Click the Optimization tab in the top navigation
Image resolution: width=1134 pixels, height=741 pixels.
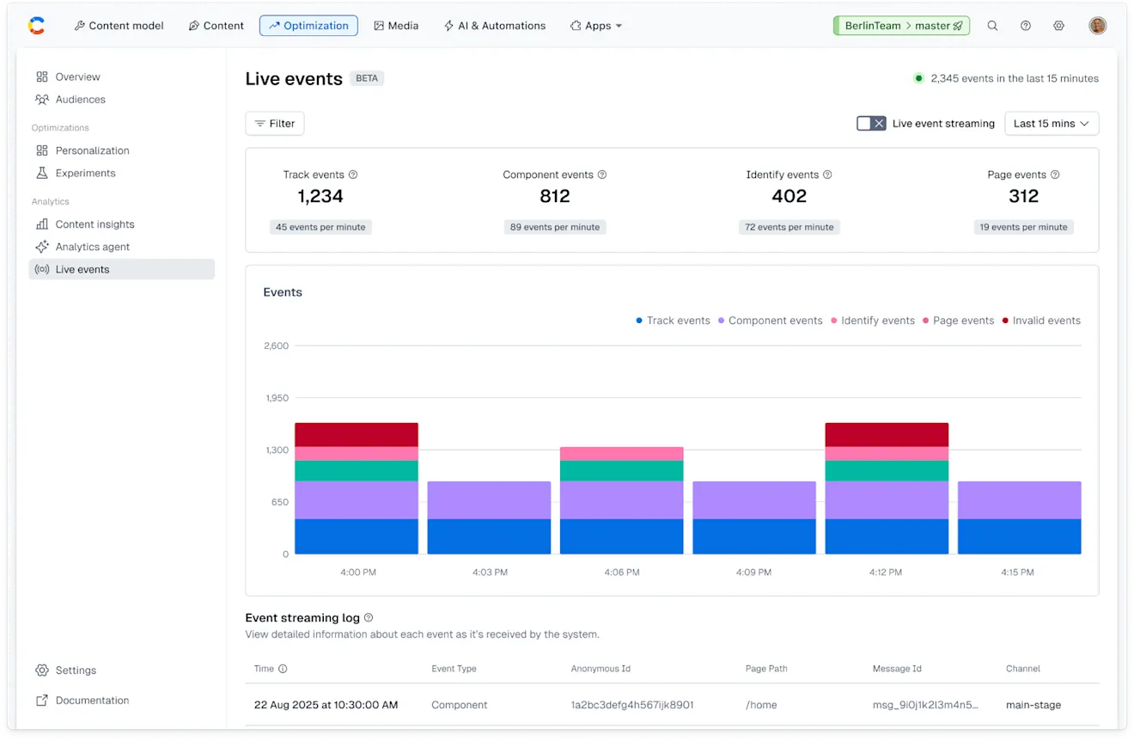tap(308, 26)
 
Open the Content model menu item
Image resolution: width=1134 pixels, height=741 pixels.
tap(119, 26)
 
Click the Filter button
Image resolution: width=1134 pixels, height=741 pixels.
tap(275, 124)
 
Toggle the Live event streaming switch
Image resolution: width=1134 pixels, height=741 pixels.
tap(871, 124)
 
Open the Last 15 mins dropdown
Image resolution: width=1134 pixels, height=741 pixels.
tap(1052, 124)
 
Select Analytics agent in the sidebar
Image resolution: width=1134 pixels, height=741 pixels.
tap(92, 247)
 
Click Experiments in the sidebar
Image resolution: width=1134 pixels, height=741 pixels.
tap(85, 173)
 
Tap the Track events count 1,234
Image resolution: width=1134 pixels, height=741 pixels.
tap(320, 197)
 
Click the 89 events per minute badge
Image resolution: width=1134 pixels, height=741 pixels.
tap(555, 227)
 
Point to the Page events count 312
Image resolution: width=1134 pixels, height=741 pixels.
tap(1023, 197)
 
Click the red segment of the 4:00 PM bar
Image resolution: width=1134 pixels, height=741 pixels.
tap(357, 434)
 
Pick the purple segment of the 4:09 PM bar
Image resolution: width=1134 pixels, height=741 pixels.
tap(754, 499)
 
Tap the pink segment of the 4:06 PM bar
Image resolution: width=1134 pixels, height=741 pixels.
tap(621, 453)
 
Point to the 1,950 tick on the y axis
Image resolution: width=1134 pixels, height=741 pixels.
tap(277, 398)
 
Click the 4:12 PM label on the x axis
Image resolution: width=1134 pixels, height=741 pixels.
tap(886, 573)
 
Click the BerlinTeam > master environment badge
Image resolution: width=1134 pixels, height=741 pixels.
tap(901, 26)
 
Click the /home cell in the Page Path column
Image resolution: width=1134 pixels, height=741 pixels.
tap(761, 705)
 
